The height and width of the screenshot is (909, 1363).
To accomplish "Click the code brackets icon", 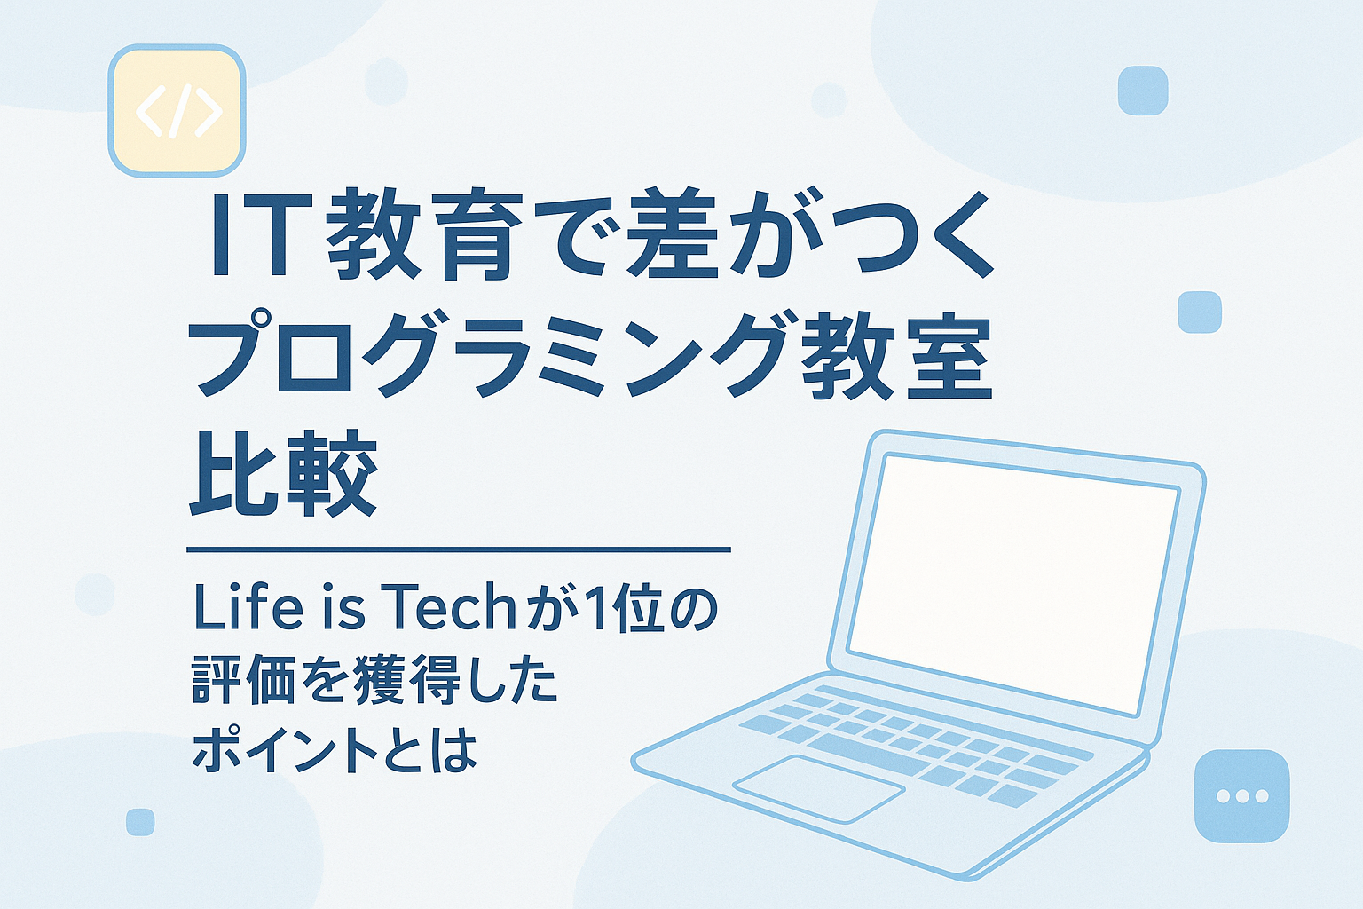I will coord(177,110).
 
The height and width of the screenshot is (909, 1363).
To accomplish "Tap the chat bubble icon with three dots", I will coord(1241,795).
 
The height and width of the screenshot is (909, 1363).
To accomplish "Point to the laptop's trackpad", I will coord(818,786).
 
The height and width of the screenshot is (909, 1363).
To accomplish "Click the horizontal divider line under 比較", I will coord(458,550).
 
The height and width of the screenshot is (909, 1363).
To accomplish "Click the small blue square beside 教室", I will coord(1200,312).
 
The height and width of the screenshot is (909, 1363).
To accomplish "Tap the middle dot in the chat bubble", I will coord(1241,796).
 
